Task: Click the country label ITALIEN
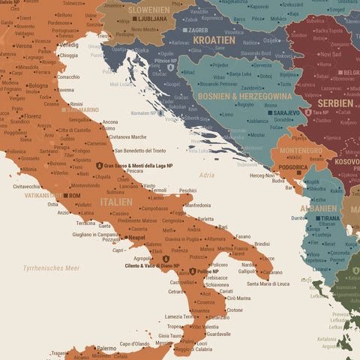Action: (116, 202)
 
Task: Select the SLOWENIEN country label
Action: (148, 9)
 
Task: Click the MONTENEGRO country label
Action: (301, 150)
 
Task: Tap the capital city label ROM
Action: (73, 195)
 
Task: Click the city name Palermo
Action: (106, 348)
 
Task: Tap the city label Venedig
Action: (68, 45)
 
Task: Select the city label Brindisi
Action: (262, 244)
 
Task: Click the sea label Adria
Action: (206, 175)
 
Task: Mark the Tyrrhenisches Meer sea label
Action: (51, 268)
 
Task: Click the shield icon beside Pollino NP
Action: (192, 272)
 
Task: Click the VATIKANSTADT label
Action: (41, 195)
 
